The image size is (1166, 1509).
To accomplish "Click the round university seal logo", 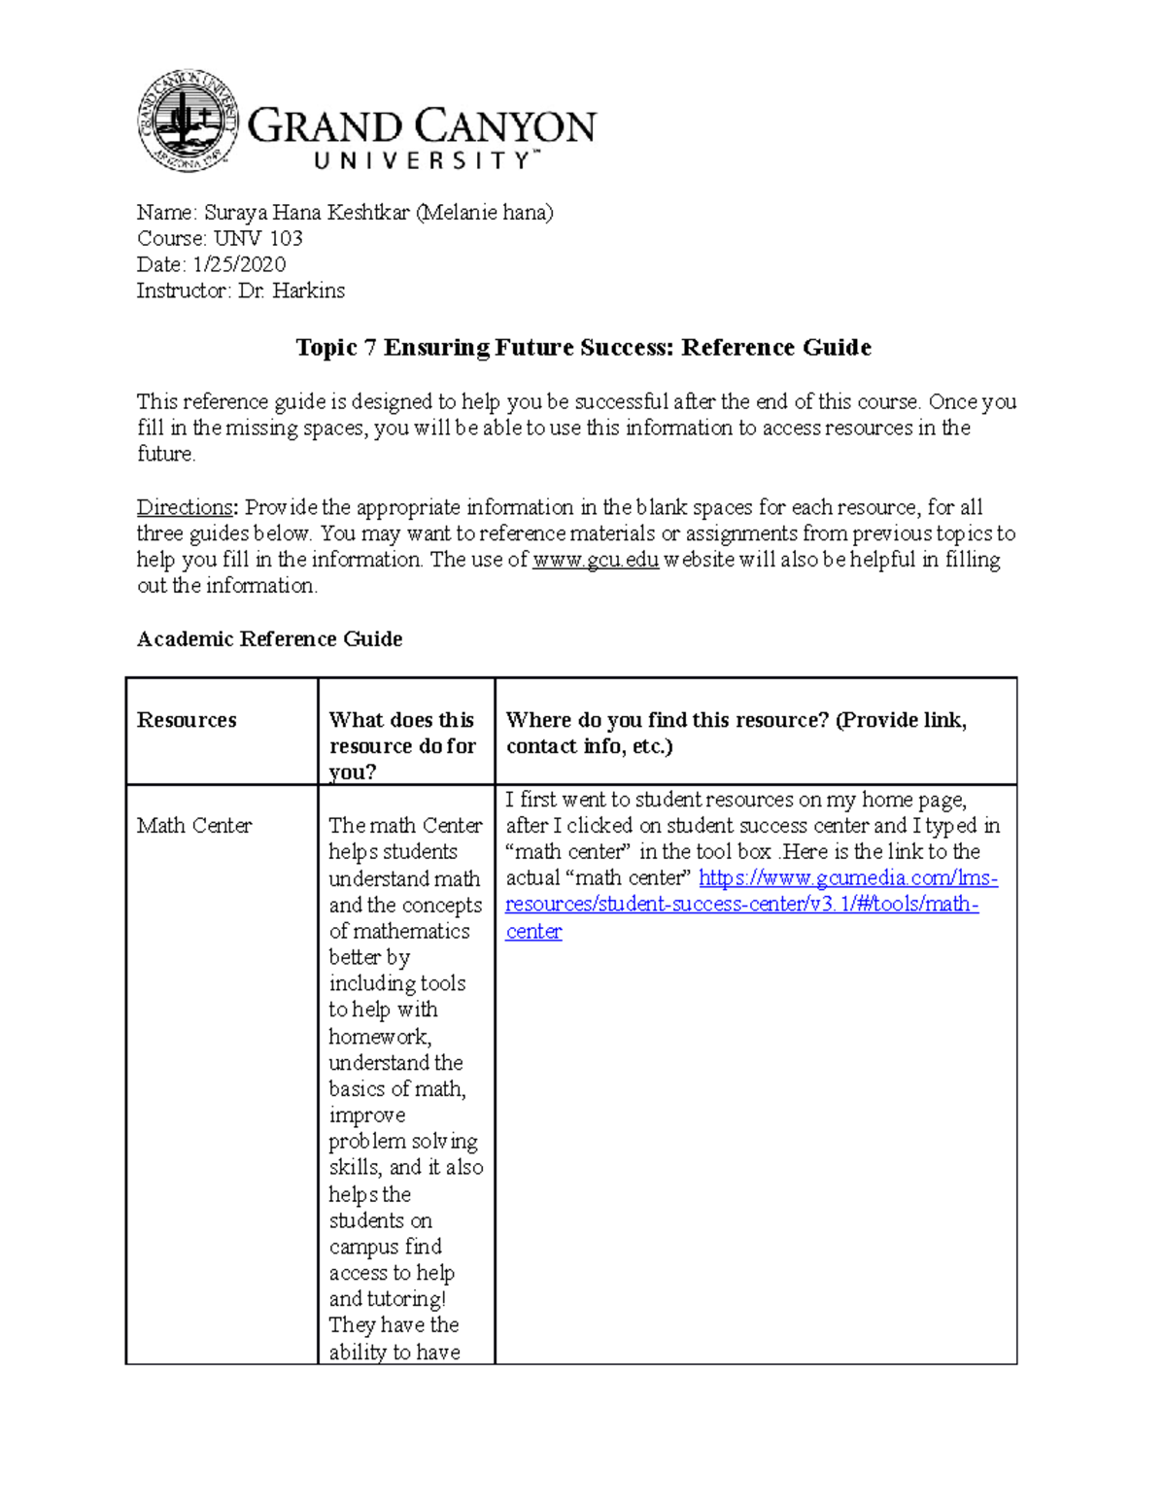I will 188,121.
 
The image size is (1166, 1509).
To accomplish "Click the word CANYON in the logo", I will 506,127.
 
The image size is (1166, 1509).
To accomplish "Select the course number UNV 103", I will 258,238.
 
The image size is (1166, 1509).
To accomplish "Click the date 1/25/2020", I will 239,264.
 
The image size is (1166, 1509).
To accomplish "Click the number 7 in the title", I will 369,348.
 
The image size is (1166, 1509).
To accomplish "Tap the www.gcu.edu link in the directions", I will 596,560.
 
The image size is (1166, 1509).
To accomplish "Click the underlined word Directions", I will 185,507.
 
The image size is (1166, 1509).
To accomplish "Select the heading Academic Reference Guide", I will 269,638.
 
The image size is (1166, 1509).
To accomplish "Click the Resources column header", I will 187,720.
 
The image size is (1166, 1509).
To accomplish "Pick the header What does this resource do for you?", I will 401,745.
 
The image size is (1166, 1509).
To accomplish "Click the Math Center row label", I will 194,825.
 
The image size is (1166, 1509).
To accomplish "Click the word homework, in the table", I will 380,1037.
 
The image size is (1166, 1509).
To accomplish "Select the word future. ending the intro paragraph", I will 166,454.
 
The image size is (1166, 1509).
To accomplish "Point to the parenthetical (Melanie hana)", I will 484,212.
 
